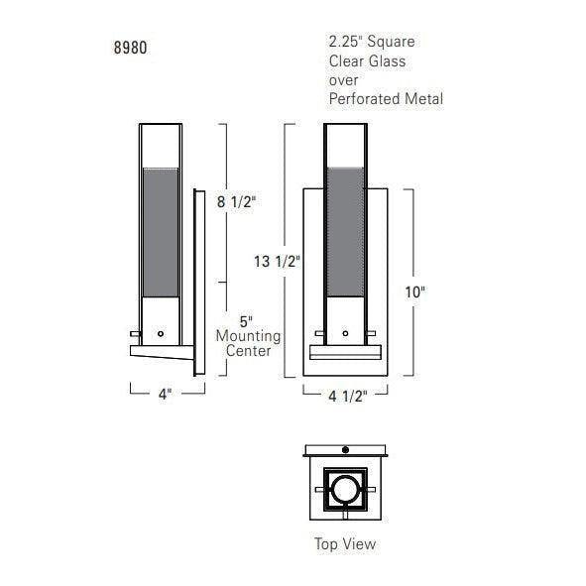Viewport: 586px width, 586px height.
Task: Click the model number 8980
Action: click(131, 48)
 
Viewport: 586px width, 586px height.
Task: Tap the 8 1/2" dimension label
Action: click(237, 202)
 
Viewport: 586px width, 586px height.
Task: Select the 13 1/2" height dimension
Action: click(277, 261)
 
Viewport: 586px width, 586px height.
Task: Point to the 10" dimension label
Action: click(415, 293)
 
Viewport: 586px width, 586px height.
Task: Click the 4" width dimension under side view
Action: click(165, 394)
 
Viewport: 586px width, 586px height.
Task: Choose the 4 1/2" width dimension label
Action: click(348, 396)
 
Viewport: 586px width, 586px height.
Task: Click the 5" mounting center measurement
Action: click(246, 321)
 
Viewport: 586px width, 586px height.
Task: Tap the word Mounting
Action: click(249, 336)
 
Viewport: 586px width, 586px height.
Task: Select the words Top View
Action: click(345, 543)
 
